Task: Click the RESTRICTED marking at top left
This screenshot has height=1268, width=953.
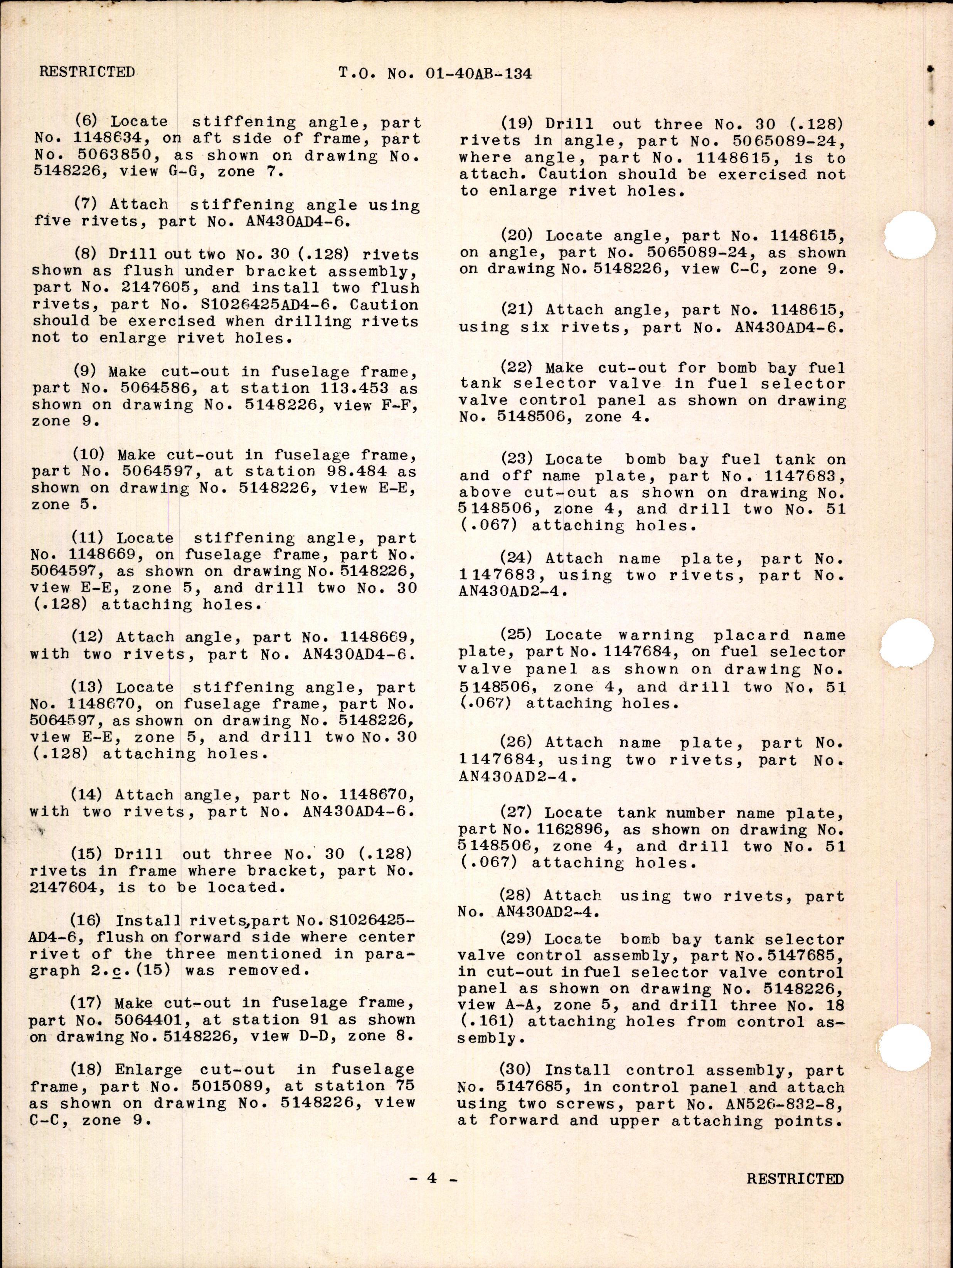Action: (x=87, y=72)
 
